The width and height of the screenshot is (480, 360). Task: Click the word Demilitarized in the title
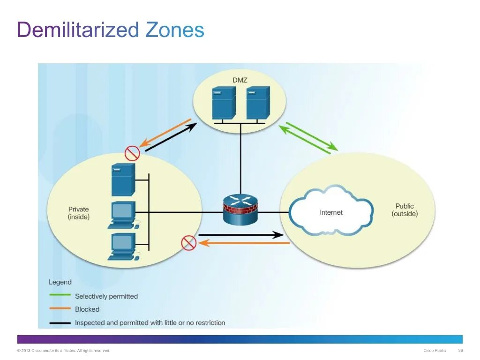point(78,30)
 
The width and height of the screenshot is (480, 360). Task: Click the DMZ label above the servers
point(240,80)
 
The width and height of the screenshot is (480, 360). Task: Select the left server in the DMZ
point(223,103)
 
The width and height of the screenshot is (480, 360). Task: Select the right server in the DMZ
point(258,103)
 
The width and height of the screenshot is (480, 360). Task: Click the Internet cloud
point(331,212)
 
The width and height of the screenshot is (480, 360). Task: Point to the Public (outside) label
point(405,210)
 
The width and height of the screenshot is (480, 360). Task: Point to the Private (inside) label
point(78,213)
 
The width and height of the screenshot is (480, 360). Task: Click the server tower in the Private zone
point(123,180)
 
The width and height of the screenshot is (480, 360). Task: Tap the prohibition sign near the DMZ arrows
point(132,153)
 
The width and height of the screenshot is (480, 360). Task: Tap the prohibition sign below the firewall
point(188,243)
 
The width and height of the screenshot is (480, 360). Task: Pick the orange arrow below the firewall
point(243,243)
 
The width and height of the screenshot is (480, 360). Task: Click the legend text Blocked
point(87,309)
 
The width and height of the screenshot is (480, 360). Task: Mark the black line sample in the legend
point(60,323)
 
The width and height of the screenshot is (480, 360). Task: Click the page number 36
point(460,351)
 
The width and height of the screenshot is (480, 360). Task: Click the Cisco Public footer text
point(435,351)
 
